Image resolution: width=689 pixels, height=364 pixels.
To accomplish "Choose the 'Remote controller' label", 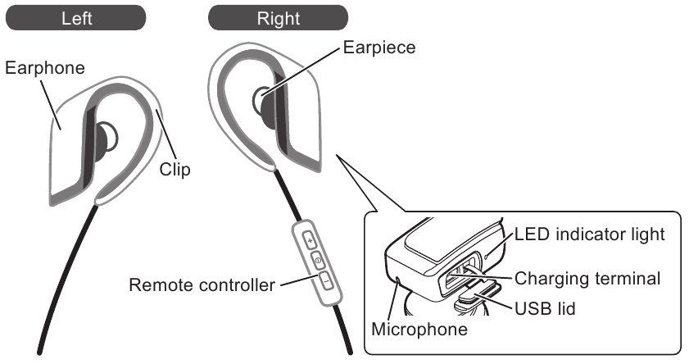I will pyautogui.click(x=201, y=286).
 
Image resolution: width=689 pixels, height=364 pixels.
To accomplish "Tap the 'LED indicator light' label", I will pyautogui.click(x=587, y=234).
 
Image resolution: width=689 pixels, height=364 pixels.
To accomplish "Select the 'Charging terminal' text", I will pyautogui.click(x=587, y=278).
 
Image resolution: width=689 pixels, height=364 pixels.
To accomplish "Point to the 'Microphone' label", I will pyautogui.click(x=419, y=330).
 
